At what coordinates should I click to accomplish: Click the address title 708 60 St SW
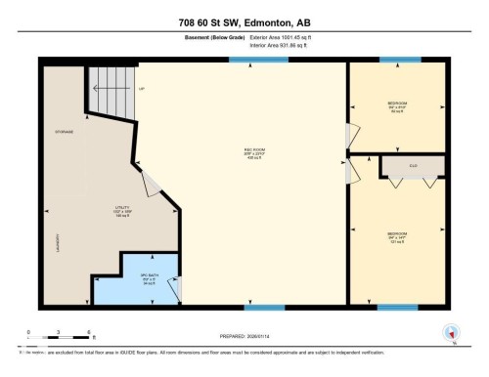pos(244,22)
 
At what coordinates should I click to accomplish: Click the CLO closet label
pos(414,166)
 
